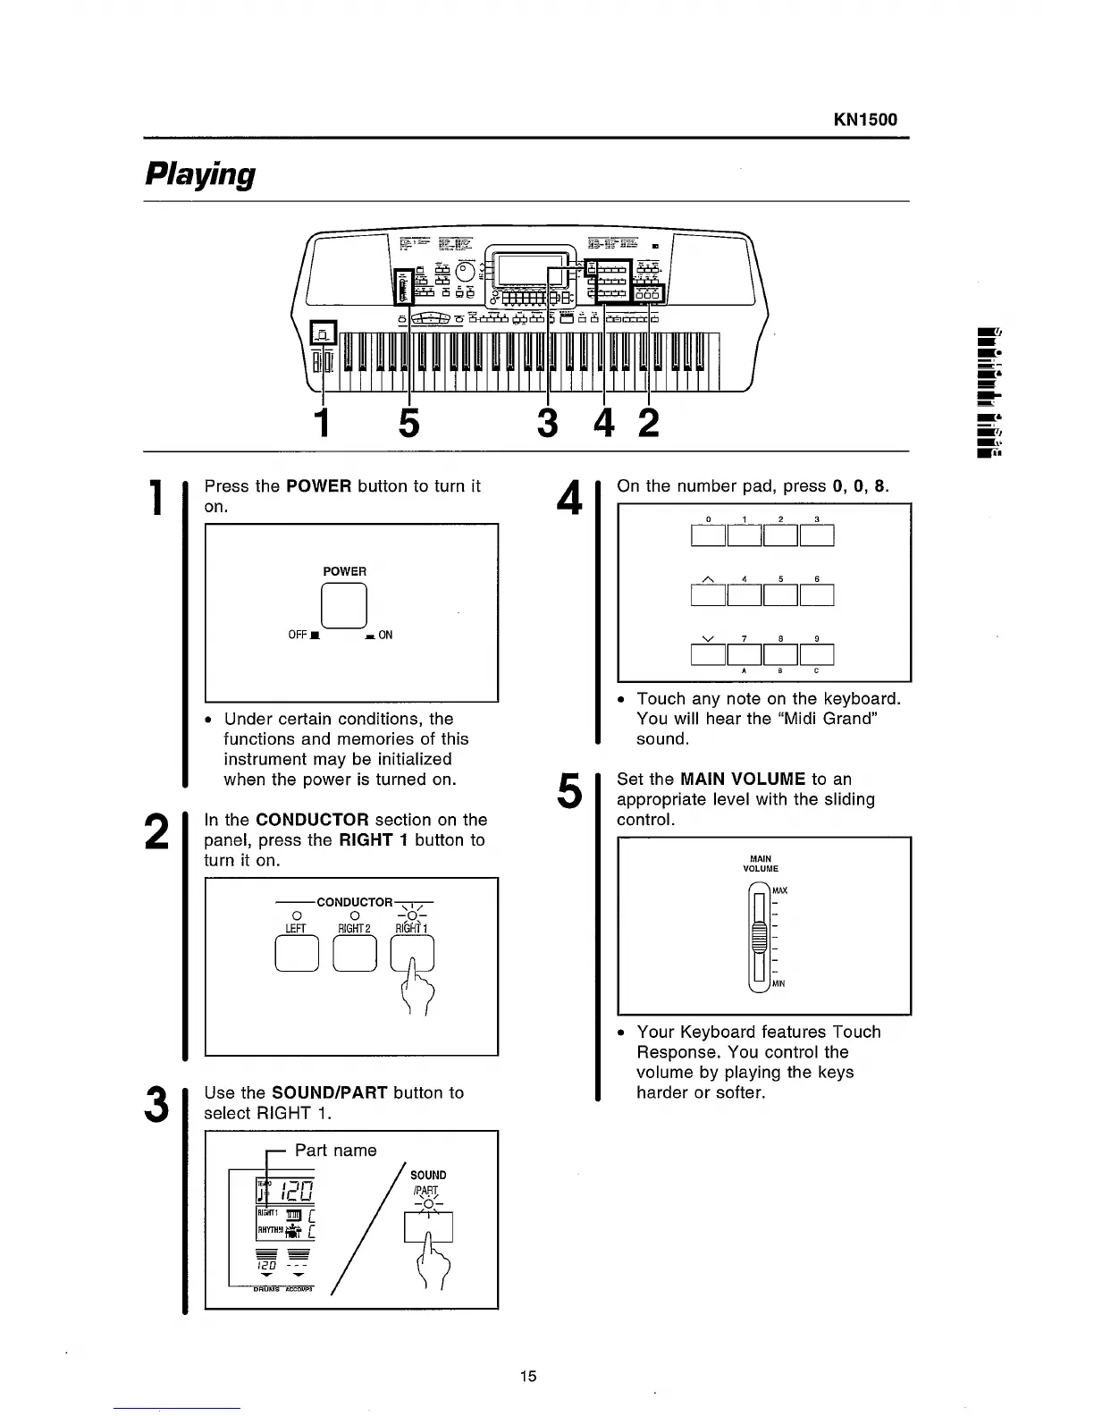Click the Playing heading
click(200, 173)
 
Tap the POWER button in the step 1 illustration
click(345, 604)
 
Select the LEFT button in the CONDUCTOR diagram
click(296, 956)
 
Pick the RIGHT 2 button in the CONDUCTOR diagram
click(355, 956)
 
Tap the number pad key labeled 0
click(709, 535)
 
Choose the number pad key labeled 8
click(780, 656)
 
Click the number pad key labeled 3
click(817, 535)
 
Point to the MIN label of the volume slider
click(778, 984)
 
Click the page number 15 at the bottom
click(528, 1376)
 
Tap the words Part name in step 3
click(335, 1150)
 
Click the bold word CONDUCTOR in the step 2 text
click(312, 820)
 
